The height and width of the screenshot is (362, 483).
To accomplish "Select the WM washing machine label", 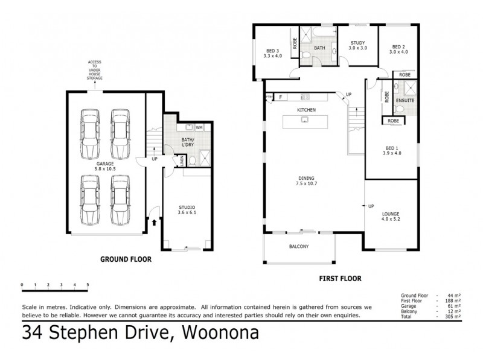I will point(199,127).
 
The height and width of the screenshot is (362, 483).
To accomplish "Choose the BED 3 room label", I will point(272,53).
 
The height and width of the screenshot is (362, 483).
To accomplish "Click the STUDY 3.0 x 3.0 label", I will point(358,44).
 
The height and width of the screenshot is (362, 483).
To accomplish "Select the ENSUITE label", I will point(405,100).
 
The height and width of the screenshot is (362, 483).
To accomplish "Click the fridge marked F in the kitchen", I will point(281,97).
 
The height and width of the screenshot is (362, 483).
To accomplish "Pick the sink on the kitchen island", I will point(305,119).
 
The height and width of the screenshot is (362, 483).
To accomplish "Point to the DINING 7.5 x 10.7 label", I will point(306,180).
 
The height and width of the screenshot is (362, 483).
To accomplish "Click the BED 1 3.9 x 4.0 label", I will point(392,150).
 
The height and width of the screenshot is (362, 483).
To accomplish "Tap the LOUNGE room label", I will point(391,217).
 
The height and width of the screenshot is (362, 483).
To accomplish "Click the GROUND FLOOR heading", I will point(125,259).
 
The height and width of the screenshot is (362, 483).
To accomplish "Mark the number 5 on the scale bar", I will point(88,284).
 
